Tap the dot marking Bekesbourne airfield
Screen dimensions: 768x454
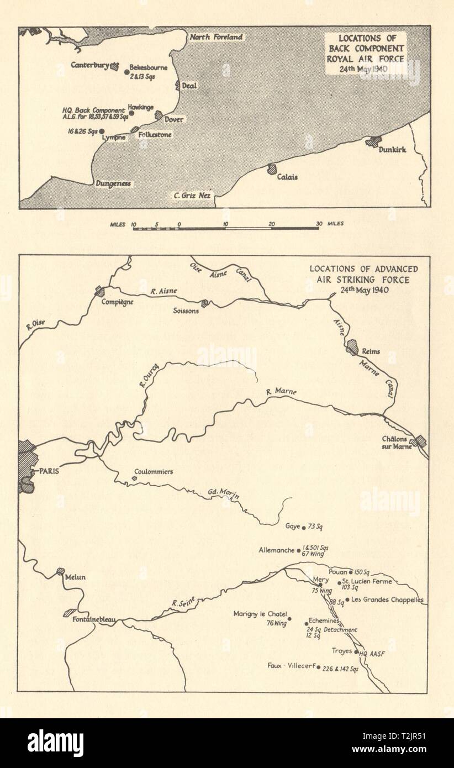(x=126, y=71)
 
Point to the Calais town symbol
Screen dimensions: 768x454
(x=272, y=168)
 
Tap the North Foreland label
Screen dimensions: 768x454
(x=216, y=37)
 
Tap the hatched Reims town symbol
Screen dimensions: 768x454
(x=352, y=348)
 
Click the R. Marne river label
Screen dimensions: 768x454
(x=281, y=392)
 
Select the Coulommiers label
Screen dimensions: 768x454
(x=154, y=472)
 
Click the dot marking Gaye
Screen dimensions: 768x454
(x=304, y=527)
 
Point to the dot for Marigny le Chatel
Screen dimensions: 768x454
(x=289, y=619)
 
